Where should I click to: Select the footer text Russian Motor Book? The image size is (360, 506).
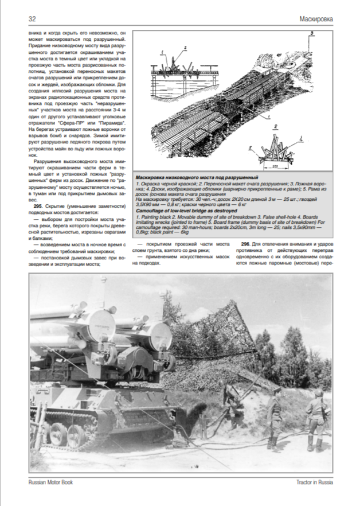point(51,482)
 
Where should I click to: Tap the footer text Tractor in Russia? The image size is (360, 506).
point(310,482)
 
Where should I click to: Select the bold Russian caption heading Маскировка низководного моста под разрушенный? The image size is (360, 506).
point(195,178)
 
